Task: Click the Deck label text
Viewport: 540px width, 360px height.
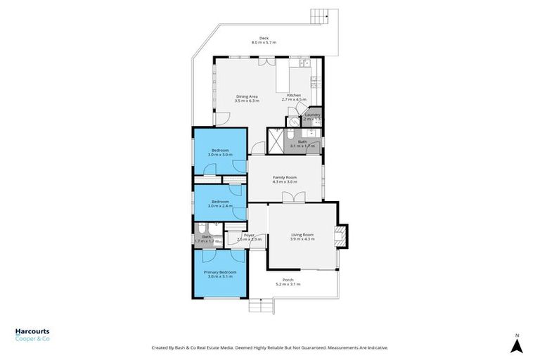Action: tap(264, 38)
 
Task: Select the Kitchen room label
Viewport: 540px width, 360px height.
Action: tap(293, 95)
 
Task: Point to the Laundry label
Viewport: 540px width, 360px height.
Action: tap(313, 115)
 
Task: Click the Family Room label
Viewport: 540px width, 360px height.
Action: tap(285, 177)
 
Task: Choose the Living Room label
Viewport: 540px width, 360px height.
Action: tap(302, 234)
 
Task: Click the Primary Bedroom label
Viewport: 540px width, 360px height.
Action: tap(220, 271)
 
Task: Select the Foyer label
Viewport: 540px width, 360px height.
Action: tap(249, 235)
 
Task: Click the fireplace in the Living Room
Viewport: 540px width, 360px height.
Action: tap(341, 235)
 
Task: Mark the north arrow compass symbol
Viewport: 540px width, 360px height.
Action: tap(516, 344)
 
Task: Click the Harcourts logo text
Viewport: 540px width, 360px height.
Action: tap(32, 332)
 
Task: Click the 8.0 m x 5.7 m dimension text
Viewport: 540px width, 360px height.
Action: tap(264, 43)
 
